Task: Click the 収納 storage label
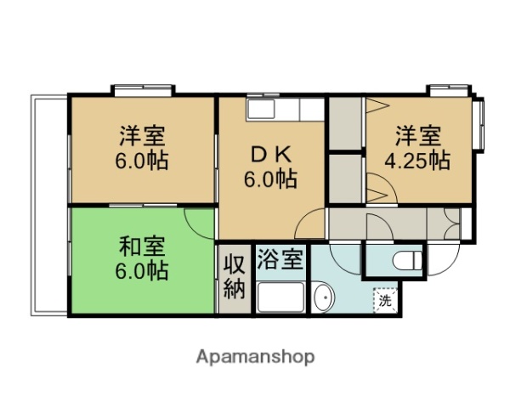[234, 275]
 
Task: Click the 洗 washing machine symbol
[385, 299]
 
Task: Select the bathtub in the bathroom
[281, 298]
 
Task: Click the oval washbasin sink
[324, 299]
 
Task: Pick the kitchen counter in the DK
[286, 110]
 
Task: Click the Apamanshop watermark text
[255, 357]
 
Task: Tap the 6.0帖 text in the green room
[143, 271]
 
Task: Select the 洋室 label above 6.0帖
[143, 135]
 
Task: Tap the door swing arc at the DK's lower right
[311, 223]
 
